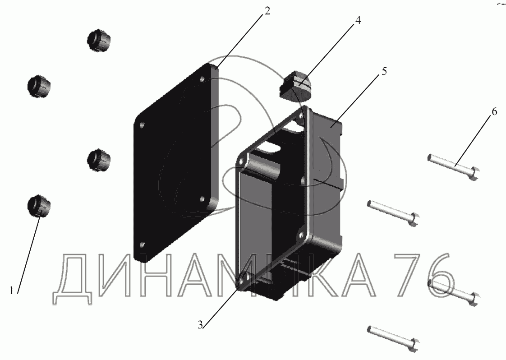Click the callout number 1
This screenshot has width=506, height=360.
(12, 291)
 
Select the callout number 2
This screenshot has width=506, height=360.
(267, 11)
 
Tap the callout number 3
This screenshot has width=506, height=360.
(200, 324)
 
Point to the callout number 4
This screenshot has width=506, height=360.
(358, 20)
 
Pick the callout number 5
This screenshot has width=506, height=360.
(384, 71)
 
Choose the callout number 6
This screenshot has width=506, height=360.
(494, 111)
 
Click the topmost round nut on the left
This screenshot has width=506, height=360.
(99, 40)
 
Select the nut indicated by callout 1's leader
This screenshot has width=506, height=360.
(39, 206)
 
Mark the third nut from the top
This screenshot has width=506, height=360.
(99, 159)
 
